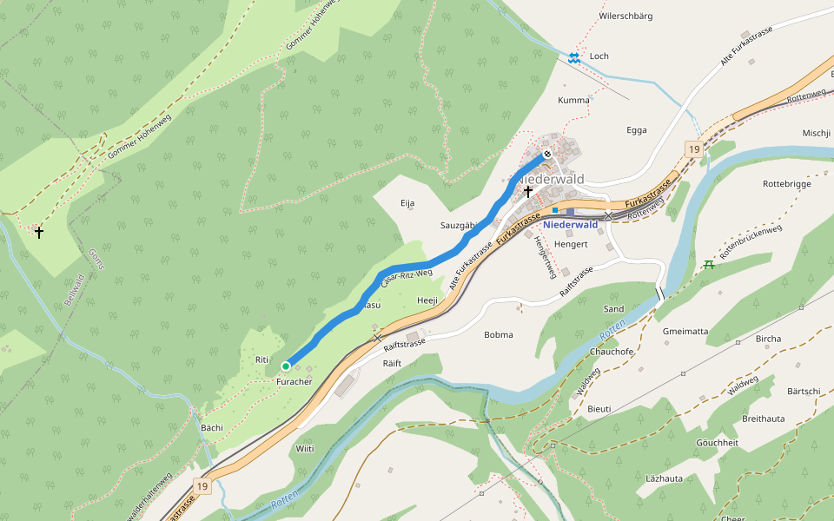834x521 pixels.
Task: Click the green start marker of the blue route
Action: (285, 366)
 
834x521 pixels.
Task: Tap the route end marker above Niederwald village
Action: (546, 155)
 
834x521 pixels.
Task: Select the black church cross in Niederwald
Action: (527, 190)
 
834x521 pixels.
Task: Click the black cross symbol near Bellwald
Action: (38, 233)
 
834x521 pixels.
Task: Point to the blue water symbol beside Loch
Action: (573, 58)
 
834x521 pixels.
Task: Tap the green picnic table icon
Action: (710, 263)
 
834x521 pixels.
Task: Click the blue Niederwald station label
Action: (570, 224)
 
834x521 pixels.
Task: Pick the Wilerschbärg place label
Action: (625, 16)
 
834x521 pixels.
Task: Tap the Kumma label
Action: (573, 100)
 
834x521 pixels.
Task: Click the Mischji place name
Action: (817, 133)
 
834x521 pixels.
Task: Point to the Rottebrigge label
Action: (786, 184)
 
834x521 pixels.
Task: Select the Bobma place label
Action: (498, 334)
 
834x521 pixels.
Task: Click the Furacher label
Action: (294, 382)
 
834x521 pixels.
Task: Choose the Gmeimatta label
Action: (685, 331)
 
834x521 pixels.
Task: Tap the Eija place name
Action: (407, 203)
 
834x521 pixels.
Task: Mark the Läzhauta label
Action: (664, 478)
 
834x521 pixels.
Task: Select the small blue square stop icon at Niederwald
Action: (554, 210)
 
